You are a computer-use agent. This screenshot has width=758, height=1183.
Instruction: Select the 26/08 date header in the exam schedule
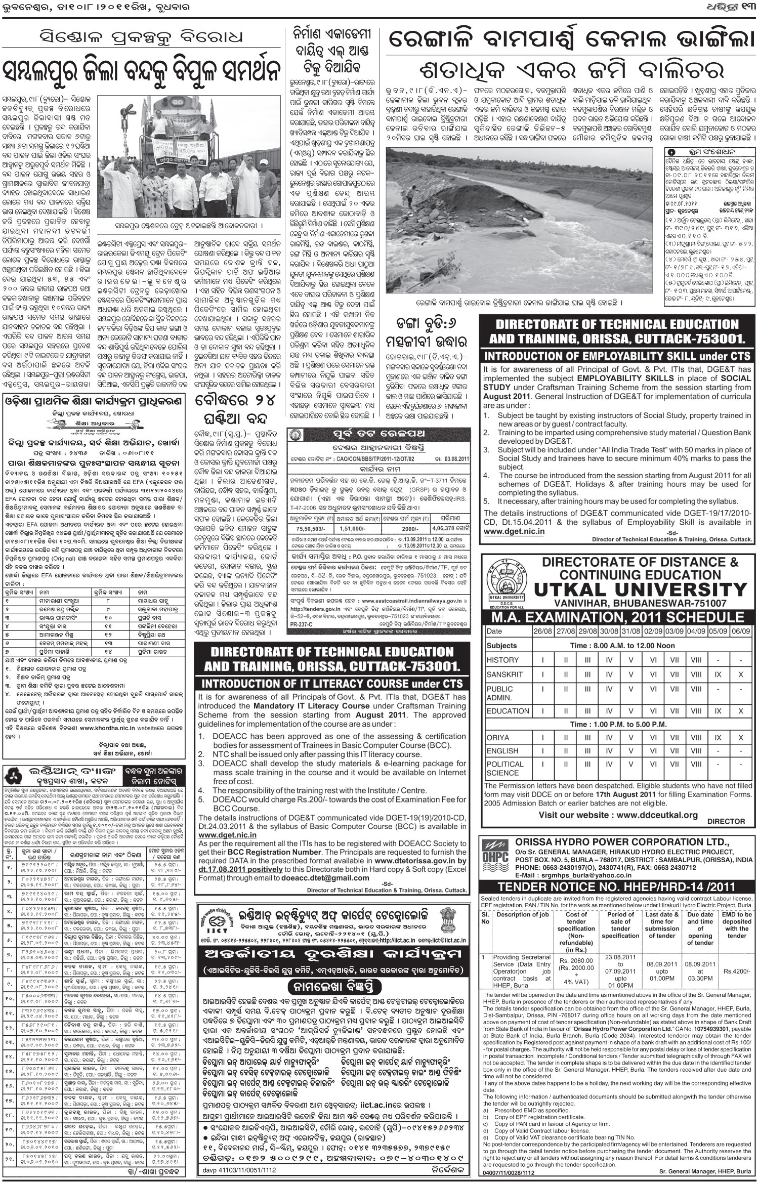pyautogui.click(x=542, y=631)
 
